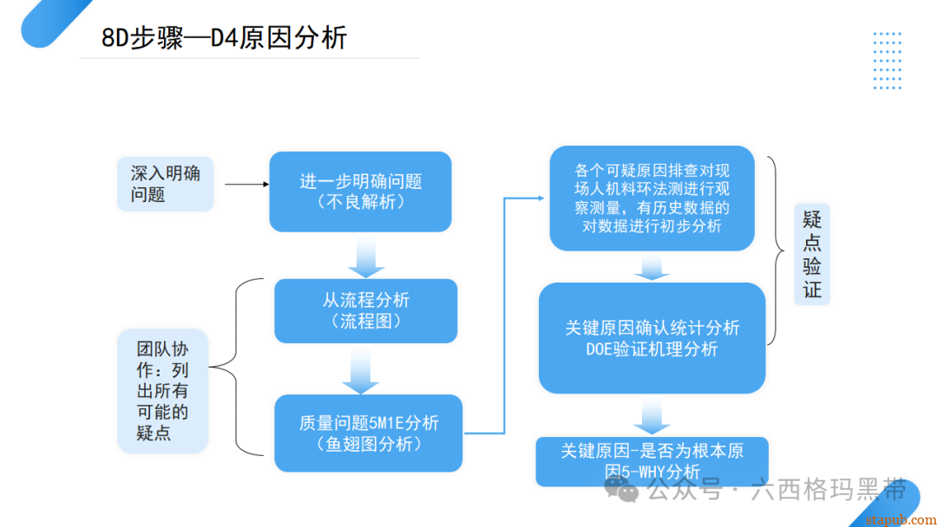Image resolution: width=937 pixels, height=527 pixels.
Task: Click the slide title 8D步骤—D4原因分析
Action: [x=224, y=38]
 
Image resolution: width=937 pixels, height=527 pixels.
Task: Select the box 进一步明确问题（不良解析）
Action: [x=360, y=192]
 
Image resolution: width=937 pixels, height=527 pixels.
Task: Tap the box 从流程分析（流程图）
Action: [x=365, y=310]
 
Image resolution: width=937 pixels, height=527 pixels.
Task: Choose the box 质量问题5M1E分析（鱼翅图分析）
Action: [x=368, y=433]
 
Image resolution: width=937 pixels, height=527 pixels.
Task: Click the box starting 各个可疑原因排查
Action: [x=652, y=198]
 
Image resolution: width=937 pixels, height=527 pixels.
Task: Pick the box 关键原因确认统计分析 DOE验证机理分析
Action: [x=652, y=338]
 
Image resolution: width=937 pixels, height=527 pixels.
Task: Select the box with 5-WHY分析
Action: [x=652, y=461]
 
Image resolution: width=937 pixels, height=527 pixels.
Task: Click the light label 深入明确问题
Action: [x=165, y=184]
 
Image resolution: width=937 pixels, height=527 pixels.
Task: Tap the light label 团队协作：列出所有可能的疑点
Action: [x=162, y=391]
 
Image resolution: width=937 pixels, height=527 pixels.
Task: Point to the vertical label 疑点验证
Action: [x=812, y=253]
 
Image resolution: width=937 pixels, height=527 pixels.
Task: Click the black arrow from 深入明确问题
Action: [x=246, y=184]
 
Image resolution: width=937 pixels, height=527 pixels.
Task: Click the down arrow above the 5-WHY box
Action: [x=652, y=416]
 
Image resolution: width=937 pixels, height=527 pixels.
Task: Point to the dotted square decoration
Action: [x=887, y=61]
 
